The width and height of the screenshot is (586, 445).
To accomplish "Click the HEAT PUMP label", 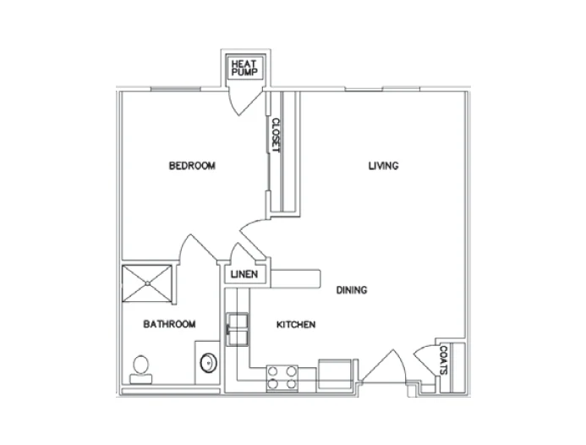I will (243, 68).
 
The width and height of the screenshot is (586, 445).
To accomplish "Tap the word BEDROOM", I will (192, 166).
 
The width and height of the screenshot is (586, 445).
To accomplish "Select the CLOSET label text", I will (275, 135).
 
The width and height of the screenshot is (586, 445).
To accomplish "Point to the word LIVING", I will (383, 166).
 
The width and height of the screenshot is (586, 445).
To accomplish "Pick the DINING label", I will (352, 290).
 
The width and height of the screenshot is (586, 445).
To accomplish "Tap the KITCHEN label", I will (296, 325).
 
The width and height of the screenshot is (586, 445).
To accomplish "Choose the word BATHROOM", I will (169, 324).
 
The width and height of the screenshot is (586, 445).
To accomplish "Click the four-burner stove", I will (282, 376).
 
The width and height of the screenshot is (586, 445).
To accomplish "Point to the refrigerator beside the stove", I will (336, 374).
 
